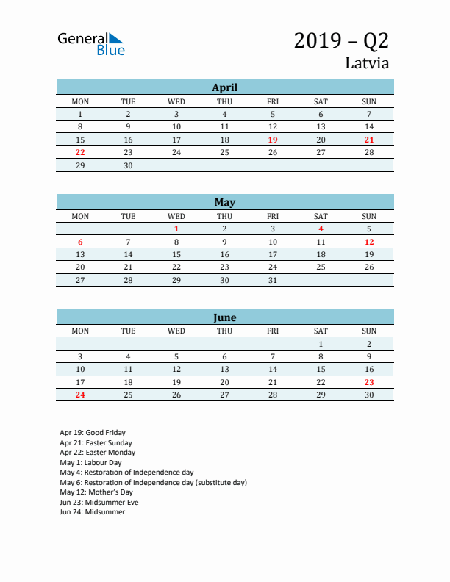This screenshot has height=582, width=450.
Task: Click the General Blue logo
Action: pos(91,43)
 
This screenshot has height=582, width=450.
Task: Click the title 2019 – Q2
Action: pos(341,40)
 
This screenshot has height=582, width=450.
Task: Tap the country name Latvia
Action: pos(367,63)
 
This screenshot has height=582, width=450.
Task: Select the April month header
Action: pos(224,87)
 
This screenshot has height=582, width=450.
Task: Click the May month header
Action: pos(224,202)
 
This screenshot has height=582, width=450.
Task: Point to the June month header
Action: pos(224,317)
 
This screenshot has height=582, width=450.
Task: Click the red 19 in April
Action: pos(273,140)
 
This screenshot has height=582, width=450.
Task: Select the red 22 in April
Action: pos(80,152)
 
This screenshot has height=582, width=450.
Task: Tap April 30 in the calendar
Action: pos(128,165)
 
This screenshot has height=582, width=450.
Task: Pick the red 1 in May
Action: pos(176,229)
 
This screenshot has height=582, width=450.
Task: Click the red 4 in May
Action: pos(321,229)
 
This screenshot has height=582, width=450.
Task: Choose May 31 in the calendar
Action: pos(273,280)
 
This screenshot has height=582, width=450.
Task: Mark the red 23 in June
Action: pos(369,382)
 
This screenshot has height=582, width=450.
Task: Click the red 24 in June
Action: pos(80,395)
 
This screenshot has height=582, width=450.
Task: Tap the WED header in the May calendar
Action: pos(176,216)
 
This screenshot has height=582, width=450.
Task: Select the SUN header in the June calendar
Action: pos(369,331)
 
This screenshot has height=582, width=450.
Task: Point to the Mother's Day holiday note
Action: pos(96,492)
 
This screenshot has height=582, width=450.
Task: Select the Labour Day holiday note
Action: pos(90,463)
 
